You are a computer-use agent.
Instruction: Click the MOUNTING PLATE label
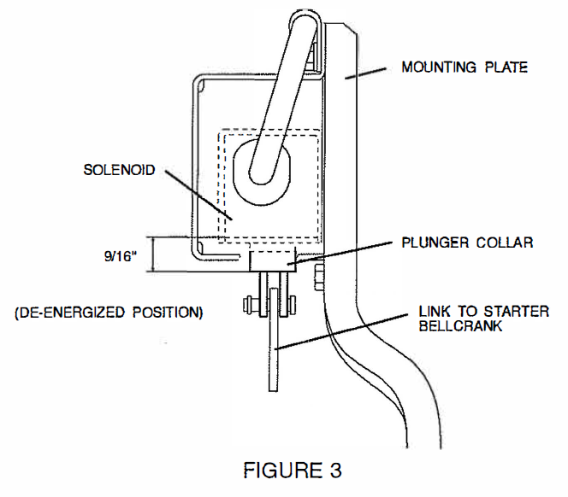[x=464, y=67]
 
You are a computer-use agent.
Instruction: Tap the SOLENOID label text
[x=119, y=170]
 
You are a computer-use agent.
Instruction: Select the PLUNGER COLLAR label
[x=468, y=243]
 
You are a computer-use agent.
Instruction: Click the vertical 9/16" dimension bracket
[x=152, y=254]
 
